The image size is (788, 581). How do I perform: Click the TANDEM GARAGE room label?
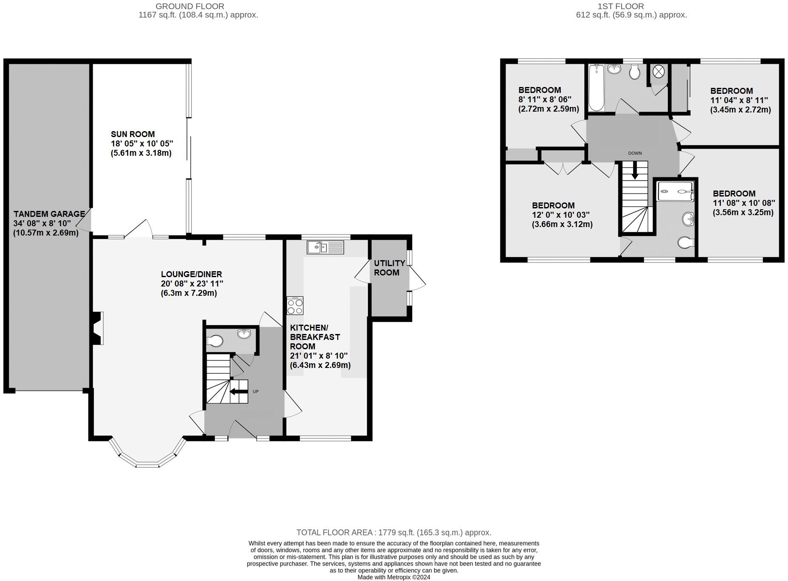coord(49,214)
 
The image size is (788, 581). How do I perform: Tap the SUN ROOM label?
coord(133,134)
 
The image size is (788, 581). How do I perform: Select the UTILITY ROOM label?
coord(389,268)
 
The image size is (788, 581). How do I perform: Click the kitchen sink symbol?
coord(326,247)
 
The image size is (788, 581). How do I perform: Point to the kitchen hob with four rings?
coord(295,306)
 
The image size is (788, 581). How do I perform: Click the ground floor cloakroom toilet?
coord(215,340)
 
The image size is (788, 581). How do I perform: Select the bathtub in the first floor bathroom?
coord(597,87)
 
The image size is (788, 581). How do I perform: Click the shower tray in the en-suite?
coord(675,191)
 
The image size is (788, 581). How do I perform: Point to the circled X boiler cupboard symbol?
coord(658,72)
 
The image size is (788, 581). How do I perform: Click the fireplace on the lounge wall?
coord(97,328)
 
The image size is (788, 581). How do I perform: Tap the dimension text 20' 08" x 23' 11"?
coord(192,283)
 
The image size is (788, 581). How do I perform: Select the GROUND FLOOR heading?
coord(190,6)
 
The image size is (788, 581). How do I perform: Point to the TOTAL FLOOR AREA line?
coord(394,533)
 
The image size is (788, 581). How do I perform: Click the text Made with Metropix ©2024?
coord(394,577)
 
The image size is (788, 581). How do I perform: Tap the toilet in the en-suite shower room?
coord(686,242)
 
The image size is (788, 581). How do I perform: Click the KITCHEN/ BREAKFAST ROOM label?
coord(315,337)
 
